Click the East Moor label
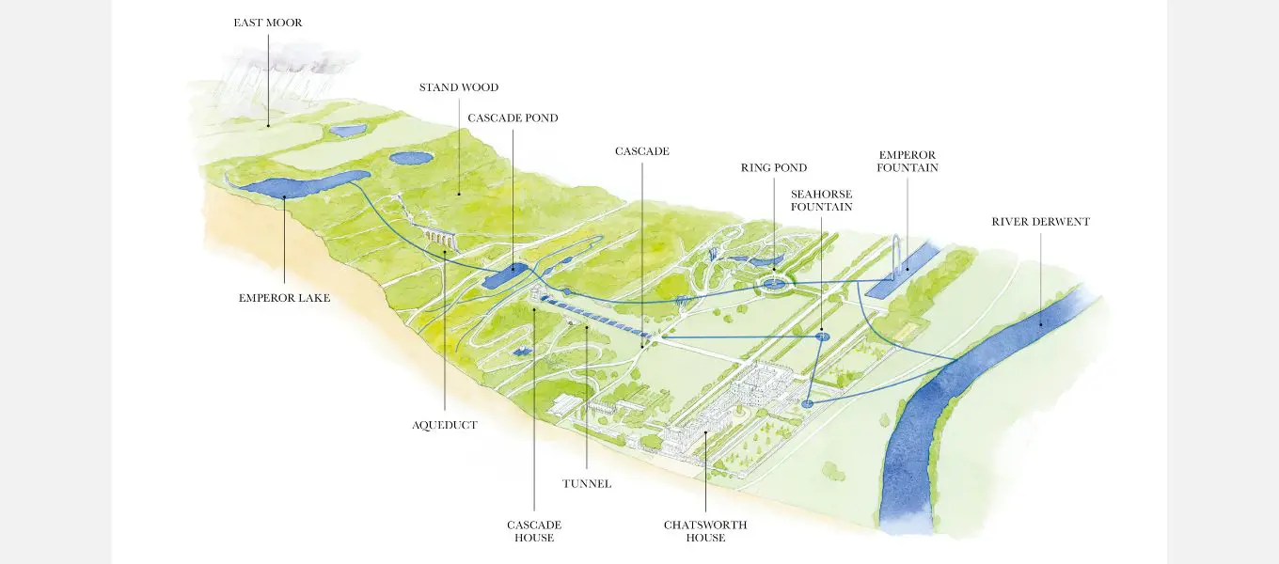268,23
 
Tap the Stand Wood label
459,87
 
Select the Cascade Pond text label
513,118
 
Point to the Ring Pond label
774,168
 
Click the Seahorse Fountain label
822,200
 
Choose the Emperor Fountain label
908,162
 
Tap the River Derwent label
1040,222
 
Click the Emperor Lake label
284,298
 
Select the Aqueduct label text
444,425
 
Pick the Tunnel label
587,483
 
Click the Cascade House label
534,531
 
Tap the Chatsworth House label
705,531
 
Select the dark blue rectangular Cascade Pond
508,276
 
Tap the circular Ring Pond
775,283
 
